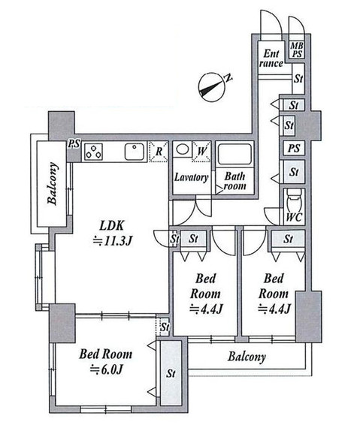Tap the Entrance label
tap(271, 58)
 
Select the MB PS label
tap(297, 50)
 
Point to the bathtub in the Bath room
tap(234, 154)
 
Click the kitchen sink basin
tap(134, 152)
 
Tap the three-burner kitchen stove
tap(93, 152)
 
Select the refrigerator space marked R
tap(159, 152)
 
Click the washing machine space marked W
tap(201, 151)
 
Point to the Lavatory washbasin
tap(182, 149)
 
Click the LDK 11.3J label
tap(113, 234)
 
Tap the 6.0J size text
tap(107, 369)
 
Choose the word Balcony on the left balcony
tap(53, 183)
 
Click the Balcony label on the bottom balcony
tap(247, 357)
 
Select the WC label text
tap(294, 217)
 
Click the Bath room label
tap(234, 181)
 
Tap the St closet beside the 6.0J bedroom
tap(171, 373)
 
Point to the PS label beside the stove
tap(74, 144)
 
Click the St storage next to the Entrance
tap(298, 79)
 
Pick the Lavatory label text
tap(191, 177)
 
